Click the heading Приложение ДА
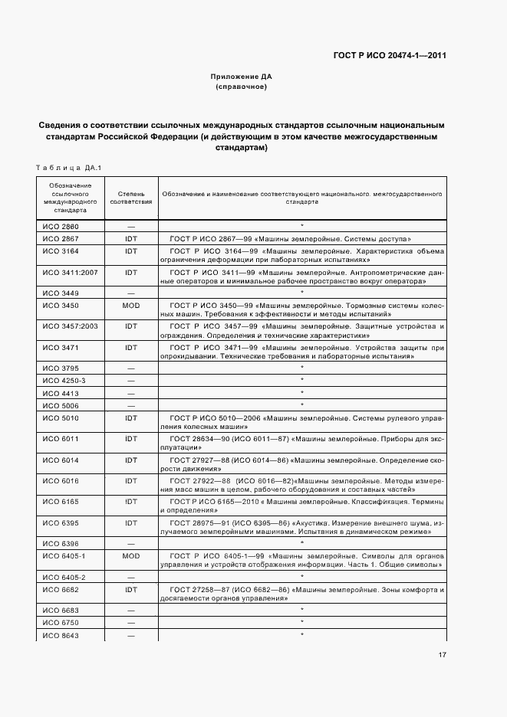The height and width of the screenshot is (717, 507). (242, 77)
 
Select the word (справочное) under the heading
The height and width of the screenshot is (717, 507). (242, 87)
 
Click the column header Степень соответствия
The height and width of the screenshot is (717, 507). (131, 197)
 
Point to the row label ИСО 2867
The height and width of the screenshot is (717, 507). (60, 238)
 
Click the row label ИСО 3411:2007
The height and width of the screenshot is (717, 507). (67, 271)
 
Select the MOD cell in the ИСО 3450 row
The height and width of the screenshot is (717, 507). (131, 304)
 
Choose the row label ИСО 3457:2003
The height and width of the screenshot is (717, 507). (67, 326)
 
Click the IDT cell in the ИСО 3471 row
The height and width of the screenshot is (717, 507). (131, 347)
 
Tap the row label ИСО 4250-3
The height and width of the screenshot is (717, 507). (64, 380)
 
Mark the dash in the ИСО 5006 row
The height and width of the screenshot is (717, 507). (131, 404)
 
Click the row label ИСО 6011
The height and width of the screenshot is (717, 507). (60, 438)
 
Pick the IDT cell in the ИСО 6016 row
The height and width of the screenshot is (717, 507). (131, 481)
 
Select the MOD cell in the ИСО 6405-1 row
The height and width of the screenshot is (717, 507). (131, 555)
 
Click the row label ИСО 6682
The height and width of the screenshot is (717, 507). (60, 590)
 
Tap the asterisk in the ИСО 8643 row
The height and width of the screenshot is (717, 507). (302, 635)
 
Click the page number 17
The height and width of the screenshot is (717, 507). (443, 655)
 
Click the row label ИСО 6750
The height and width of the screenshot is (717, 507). (60, 624)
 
